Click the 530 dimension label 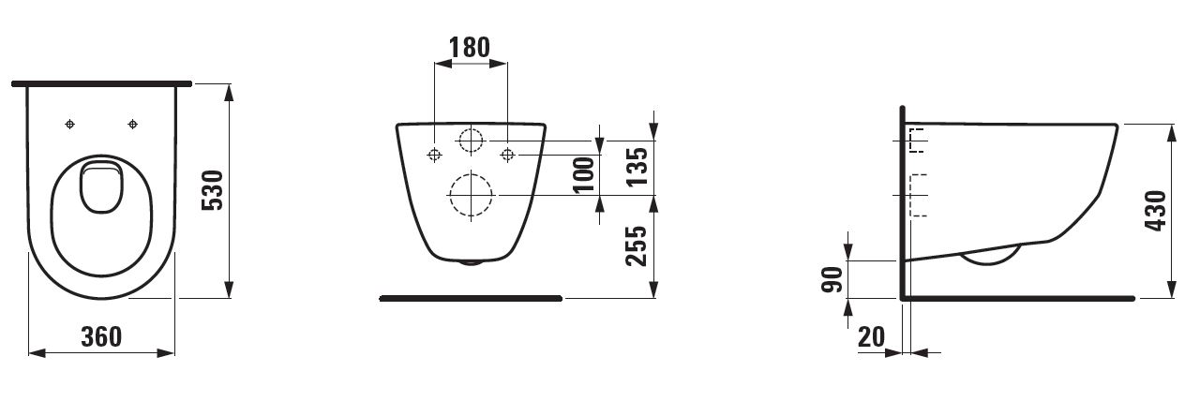pos(213,190)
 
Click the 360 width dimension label pos(102,336)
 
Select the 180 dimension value pos(470,47)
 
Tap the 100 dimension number pos(584,174)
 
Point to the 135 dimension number pos(637,167)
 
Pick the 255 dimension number pos(637,245)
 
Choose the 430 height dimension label pos(1156,211)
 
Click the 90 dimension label pos(832,279)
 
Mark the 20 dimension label pos(872,336)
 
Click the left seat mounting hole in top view pos(69,125)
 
